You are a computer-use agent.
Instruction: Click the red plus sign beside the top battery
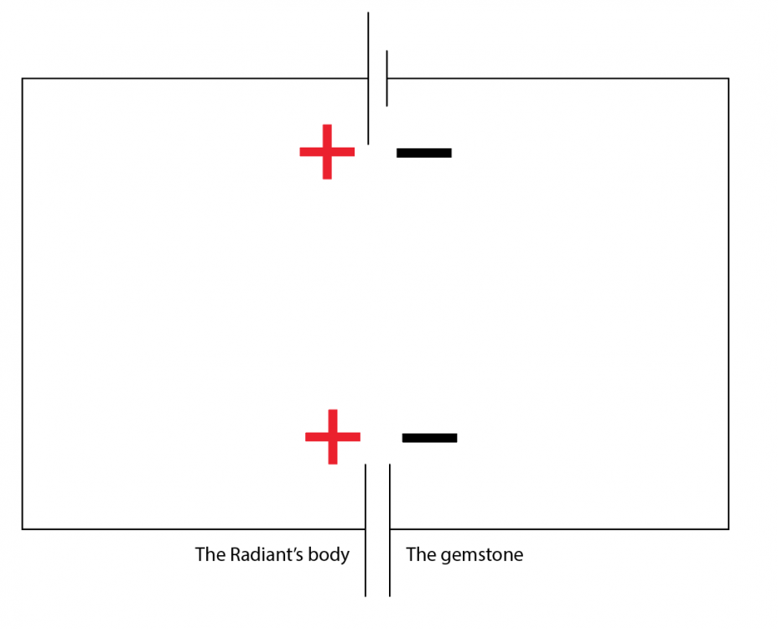pyautogui.click(x=327, y=152)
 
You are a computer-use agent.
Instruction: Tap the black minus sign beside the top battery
pyautogui.click(x=423, y=153)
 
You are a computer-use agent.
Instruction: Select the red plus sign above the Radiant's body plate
pyautogui.click(x=333, y=437)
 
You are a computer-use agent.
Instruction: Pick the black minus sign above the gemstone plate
pyautogui.click(x=429, y=438)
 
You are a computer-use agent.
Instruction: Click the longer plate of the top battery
pyautogui.click(x=368, y=79)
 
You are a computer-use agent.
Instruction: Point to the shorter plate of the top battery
pyautogui.click(x=386, y=79)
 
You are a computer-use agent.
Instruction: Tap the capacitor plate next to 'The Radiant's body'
pyautogui.click(x=366, y=530)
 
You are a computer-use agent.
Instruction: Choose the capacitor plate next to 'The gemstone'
pyautogui.click(x=390, y=530)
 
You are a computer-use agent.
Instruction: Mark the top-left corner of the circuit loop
pyautogui.click(x=23, y=79)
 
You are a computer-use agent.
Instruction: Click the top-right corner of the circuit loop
pyautogui.click(x=729, y=79)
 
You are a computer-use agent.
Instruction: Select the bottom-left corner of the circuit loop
pyautogui.click(x=23, y=528)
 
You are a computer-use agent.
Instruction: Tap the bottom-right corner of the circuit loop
pyautogui.click(x=729, y=528)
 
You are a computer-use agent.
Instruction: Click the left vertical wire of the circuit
pyautogui.click(x=23, y=304)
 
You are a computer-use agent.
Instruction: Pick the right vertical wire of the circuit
pyautogui.click(x=729, y=304)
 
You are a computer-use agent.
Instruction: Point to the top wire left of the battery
pyautogui.click(x=195, y=79)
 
